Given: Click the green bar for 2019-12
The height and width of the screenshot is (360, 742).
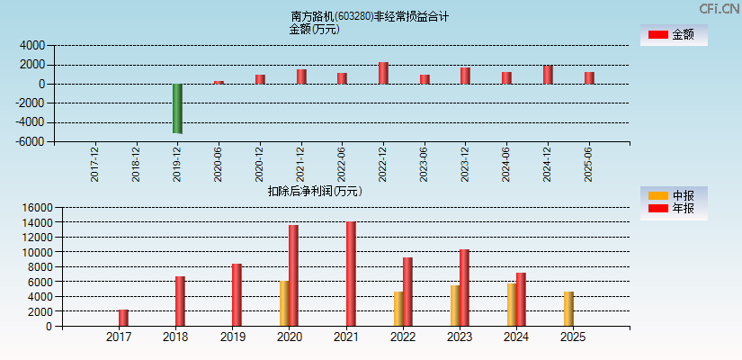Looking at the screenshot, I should [177, 108].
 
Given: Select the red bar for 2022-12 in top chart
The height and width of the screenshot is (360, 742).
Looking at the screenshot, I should [383, 73].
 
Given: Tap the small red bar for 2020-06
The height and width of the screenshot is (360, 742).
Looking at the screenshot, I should [219, 82].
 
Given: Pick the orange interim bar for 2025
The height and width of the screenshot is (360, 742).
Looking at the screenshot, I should [568, 309].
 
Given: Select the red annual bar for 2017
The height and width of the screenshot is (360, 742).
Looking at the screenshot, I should [123, 318].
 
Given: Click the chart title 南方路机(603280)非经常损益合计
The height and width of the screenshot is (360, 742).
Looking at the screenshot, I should [370, 16].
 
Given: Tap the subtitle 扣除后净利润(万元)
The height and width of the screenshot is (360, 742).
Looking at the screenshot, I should [315, 191].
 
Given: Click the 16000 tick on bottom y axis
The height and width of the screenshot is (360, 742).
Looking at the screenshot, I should [36, 207].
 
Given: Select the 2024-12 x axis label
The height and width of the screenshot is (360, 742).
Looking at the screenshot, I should [548, 163].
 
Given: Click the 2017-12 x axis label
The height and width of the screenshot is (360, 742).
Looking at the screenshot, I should [95, 163].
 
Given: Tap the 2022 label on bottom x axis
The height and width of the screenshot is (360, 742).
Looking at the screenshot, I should [402, 337].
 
